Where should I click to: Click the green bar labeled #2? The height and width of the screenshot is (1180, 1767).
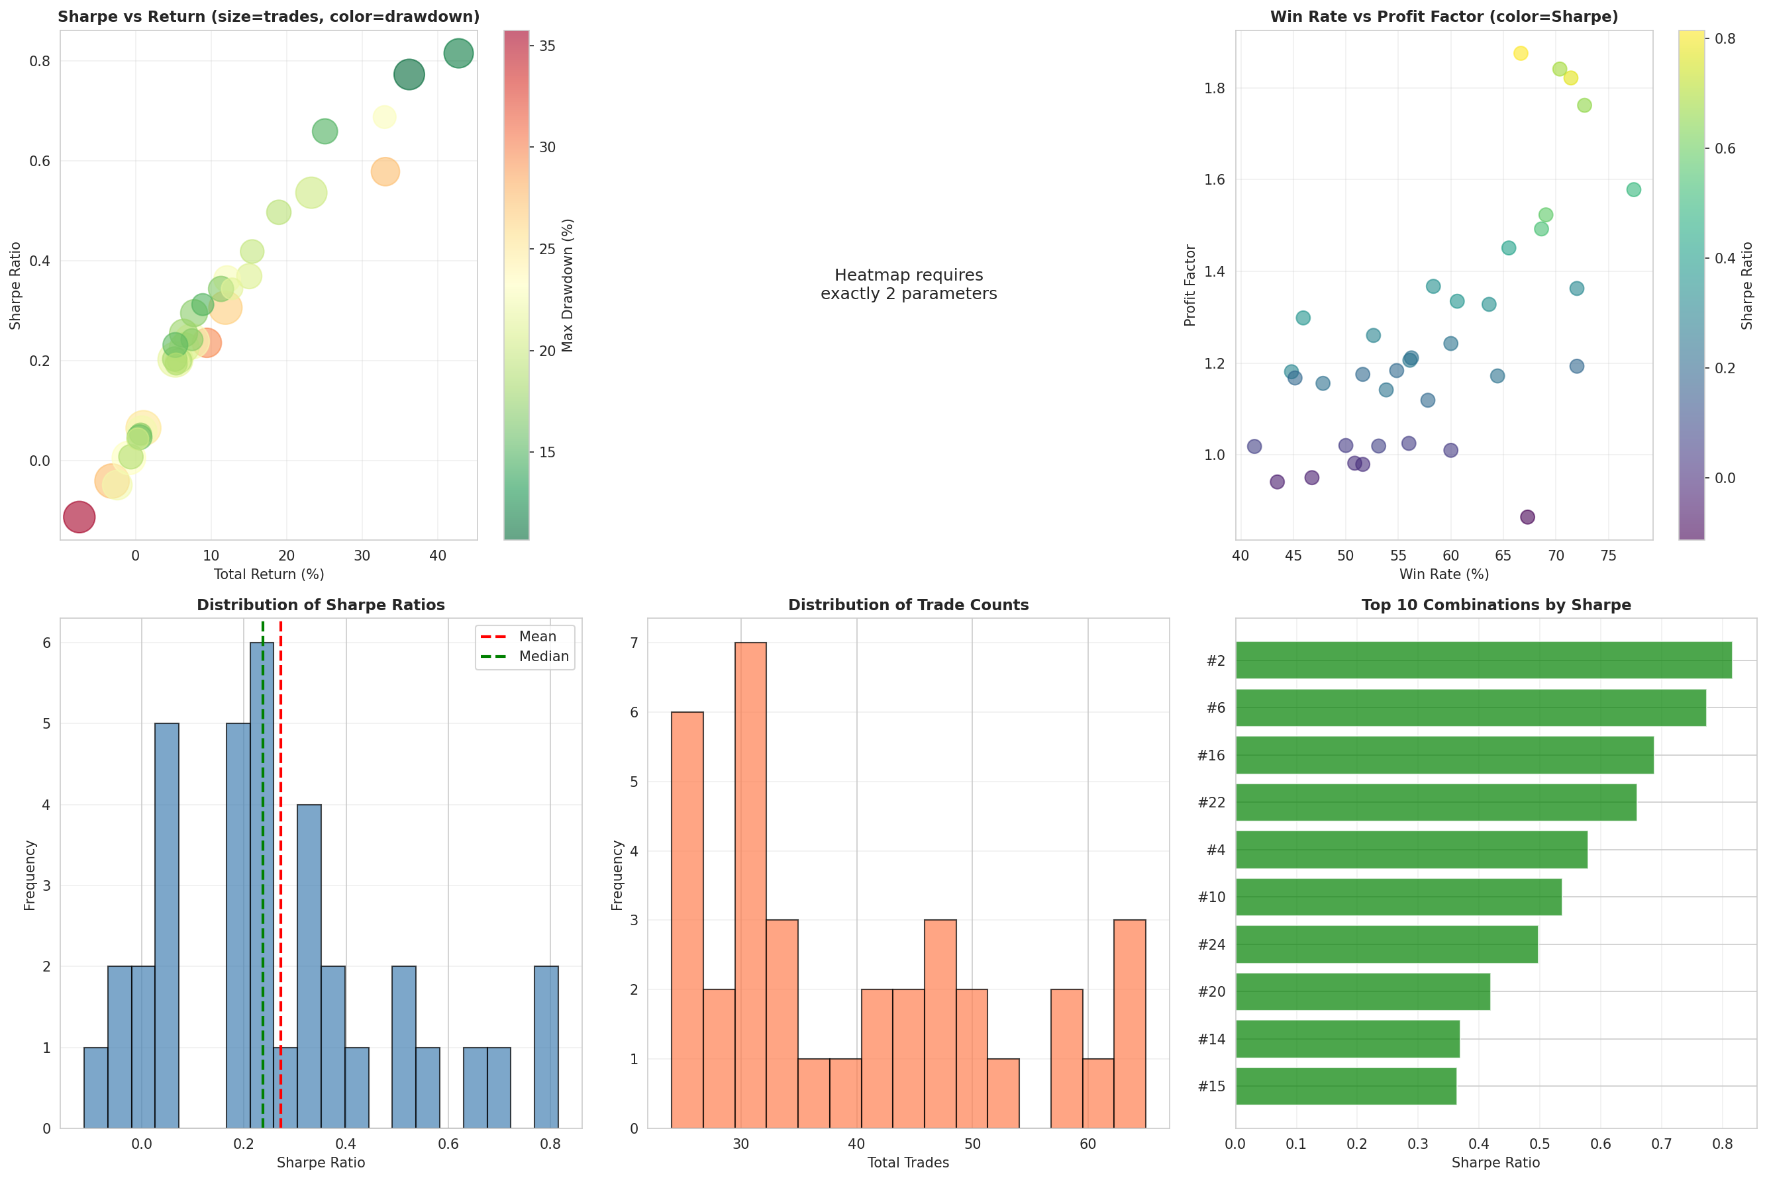[1483, 660]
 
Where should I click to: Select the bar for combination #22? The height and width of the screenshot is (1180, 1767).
[1436, 802]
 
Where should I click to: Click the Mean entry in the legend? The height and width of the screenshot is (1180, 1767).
[537, 637]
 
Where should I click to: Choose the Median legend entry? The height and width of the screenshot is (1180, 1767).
[543, 657]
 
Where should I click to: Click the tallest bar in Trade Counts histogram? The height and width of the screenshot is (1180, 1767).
[750, 885]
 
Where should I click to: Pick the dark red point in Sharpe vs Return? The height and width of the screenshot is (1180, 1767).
[79, 517]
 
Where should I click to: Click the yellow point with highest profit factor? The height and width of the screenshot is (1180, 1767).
[1521, 54]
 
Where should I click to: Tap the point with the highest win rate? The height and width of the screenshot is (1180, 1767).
[1634, 190]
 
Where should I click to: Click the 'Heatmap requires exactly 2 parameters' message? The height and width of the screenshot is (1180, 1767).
[909, 285]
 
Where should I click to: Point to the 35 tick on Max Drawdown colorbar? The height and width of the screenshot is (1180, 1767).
[546, 46]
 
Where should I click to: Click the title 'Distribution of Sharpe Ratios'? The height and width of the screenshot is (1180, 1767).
[321, 605]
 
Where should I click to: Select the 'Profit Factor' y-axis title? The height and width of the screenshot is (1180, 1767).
[1189, 285]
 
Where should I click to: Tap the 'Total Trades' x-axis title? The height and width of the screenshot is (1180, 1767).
[908, 1163]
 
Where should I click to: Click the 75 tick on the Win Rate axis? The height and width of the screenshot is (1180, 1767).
[1608, 556]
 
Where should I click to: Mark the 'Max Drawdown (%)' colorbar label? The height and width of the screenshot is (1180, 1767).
[568, 285]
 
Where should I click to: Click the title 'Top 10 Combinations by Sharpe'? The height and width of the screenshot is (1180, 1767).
[1496, 605]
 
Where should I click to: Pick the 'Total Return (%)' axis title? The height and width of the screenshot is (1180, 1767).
[269, 574]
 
